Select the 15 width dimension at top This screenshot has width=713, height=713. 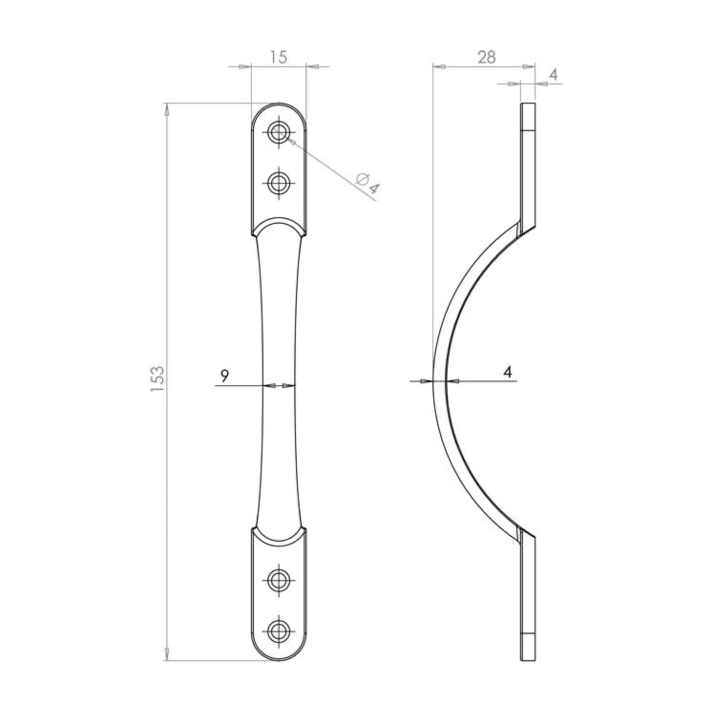point(278,57)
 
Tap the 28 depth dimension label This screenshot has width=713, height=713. point(486,57)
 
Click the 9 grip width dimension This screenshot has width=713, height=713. point(224,376)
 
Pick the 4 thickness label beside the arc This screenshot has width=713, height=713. point(508,372)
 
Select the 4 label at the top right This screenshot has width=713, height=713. point(553,74)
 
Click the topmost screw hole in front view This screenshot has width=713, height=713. point(278,132)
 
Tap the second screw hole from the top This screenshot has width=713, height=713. point(278,182)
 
